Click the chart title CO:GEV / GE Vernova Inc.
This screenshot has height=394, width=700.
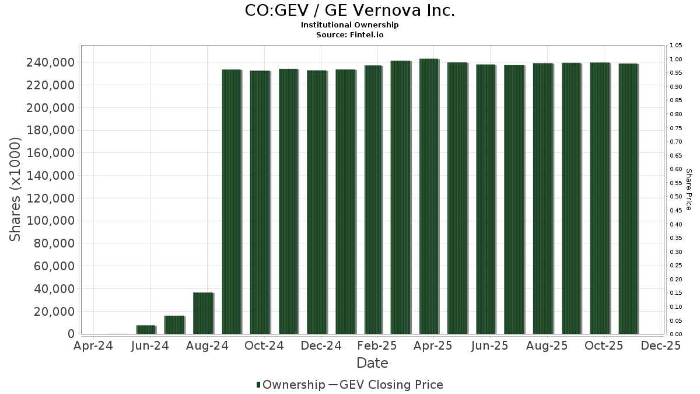349,11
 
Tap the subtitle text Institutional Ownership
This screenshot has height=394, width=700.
349,25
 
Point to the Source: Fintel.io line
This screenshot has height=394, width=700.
349,35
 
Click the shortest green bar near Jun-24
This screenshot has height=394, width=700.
146,330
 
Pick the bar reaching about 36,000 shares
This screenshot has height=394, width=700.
203,313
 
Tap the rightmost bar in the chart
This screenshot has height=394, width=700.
628,198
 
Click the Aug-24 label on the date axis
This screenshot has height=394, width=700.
207,346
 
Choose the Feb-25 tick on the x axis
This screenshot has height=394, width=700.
378,346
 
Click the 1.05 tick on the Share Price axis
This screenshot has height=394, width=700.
676,46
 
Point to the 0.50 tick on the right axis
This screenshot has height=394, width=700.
676,197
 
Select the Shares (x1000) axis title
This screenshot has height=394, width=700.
16,189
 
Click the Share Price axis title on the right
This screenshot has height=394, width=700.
688,189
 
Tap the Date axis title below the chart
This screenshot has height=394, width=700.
372,363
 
